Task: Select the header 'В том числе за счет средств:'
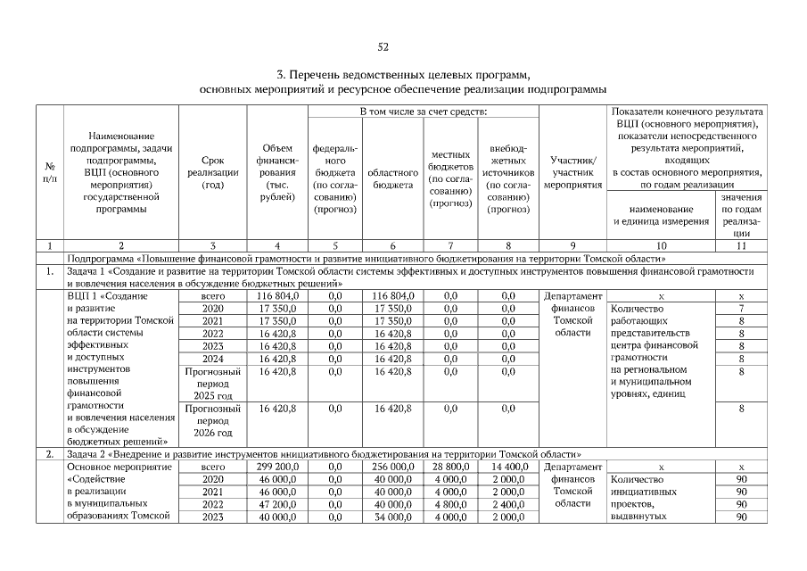pyautogui.click(x=424, y=112)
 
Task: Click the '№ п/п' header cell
pyautogui.click(x=49, y=172)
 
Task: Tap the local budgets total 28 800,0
pyautogui.click(x=450, y=466)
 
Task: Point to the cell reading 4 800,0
pyautogui.click(x=450, y=503)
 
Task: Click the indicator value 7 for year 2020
pyautogui.click(x=741, y=308)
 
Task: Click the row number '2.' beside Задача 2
pyautogui.click(x=49, y=453)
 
